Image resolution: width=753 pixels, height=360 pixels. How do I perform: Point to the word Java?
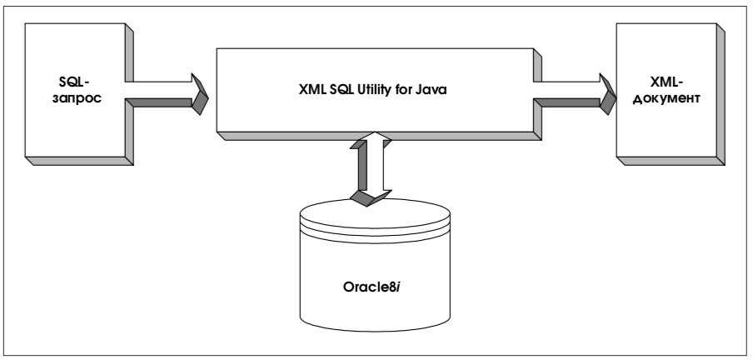click(433, 92)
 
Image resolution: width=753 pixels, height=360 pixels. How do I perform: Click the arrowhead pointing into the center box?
click(200, 90)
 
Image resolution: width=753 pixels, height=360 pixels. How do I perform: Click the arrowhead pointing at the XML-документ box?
click(605, 90)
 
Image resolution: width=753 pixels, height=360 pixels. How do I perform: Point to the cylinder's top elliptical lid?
click(375, 218)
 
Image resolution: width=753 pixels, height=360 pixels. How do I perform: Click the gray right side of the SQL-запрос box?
click(130, 96)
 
